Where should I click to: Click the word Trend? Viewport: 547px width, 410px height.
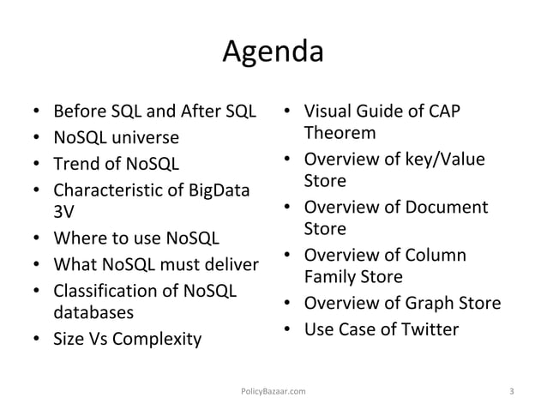pos(74,162)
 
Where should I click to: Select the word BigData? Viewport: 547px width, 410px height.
pos(217,188)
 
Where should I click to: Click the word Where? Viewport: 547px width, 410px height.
pos(76,237)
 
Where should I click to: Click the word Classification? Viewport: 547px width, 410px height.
pos(102,287)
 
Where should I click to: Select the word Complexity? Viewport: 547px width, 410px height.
pos(157,337)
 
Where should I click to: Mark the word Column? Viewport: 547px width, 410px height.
pos(436,256)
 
